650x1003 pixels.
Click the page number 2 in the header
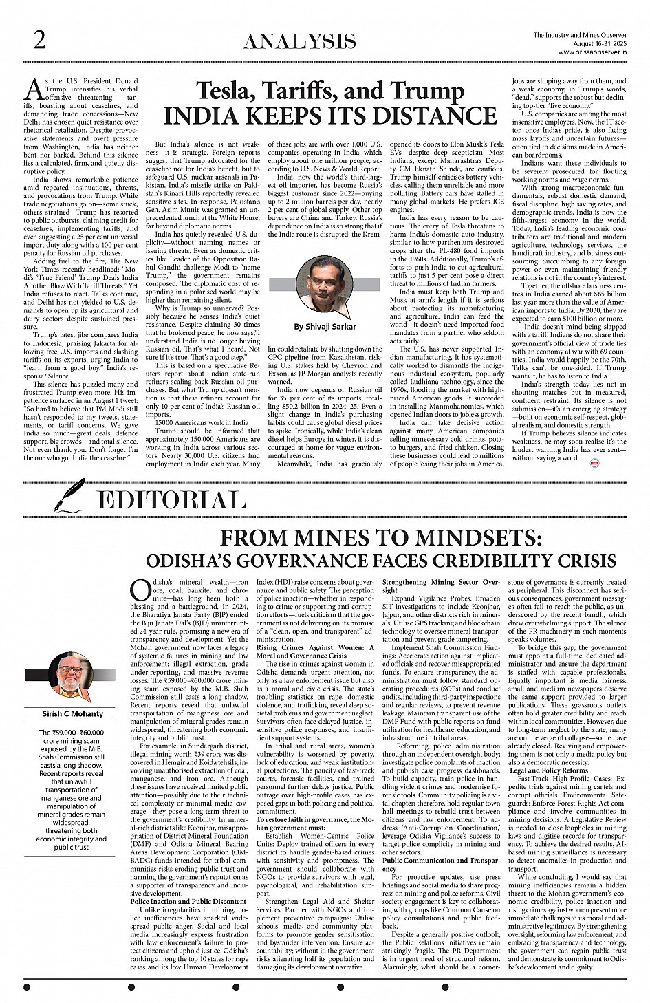40,41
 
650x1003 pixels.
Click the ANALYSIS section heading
300,42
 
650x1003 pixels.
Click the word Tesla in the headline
226,91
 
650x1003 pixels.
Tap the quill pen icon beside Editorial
71,497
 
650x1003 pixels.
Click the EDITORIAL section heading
172,500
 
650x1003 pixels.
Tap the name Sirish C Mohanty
72,713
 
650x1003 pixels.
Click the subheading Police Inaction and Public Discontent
188,901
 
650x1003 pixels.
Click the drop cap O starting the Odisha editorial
140,590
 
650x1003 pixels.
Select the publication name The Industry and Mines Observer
580,35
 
